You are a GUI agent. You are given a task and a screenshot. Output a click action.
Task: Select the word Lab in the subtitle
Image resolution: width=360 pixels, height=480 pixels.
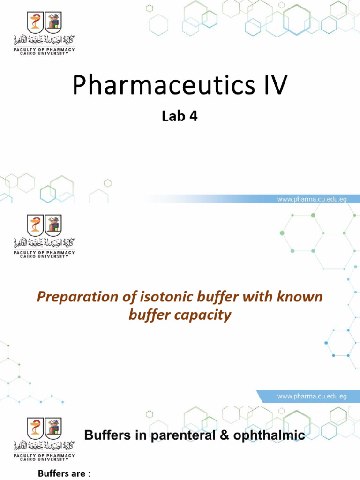coord(172,117)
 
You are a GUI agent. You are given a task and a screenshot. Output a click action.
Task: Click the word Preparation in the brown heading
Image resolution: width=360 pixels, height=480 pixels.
coord(77,297)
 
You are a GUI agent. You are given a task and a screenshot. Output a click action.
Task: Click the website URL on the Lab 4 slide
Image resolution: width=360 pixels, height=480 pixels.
coord(312,199)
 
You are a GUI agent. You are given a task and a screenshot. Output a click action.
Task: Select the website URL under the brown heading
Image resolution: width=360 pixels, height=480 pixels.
coord(312,396)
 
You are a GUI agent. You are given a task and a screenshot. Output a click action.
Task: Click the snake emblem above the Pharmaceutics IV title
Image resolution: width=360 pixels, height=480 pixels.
coord(35,22)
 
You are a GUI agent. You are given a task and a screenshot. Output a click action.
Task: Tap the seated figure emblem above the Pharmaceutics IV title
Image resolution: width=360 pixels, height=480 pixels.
coord(53,22)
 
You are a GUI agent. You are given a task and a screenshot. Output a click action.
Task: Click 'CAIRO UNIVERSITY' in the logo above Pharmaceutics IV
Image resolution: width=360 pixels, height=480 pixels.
coord(44,53)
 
